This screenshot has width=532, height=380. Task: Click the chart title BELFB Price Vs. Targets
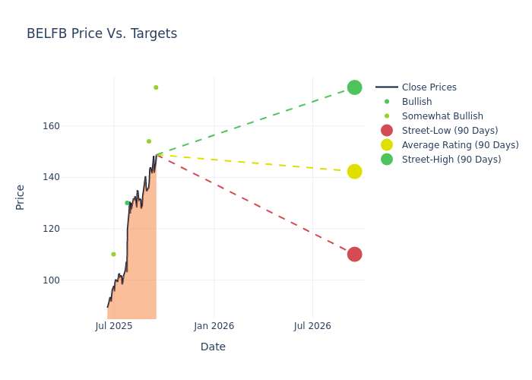(x=102, y=33)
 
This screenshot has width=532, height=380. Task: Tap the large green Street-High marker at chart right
(x=354, y=87)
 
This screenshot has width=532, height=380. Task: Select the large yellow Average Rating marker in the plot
(x=354, y=172)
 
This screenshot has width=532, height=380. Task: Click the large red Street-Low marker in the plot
(x=354, y=254)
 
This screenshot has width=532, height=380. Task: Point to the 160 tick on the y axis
(x=72, y=125)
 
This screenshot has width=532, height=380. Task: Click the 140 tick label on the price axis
(x=72, y=177)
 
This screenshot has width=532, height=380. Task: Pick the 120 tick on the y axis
(x=72, y=229)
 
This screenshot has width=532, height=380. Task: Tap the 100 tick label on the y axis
(x=72, y=280)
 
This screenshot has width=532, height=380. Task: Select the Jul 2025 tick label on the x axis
(x=114, y=326)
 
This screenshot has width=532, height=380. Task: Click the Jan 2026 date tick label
(x=214, y=326)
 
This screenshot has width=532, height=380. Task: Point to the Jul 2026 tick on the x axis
(x=312, y=326)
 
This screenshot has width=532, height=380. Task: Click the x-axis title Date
(x=213, y=347)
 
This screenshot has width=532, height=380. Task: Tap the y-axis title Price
(x=21, y=197)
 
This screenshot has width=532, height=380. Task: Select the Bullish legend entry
(x=416, y=102)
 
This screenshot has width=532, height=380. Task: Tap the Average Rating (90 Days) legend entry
(x=460, y=145)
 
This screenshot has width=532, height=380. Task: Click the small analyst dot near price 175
(x=156, y=87)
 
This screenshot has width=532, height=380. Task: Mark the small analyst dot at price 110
(x=113, y=255)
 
